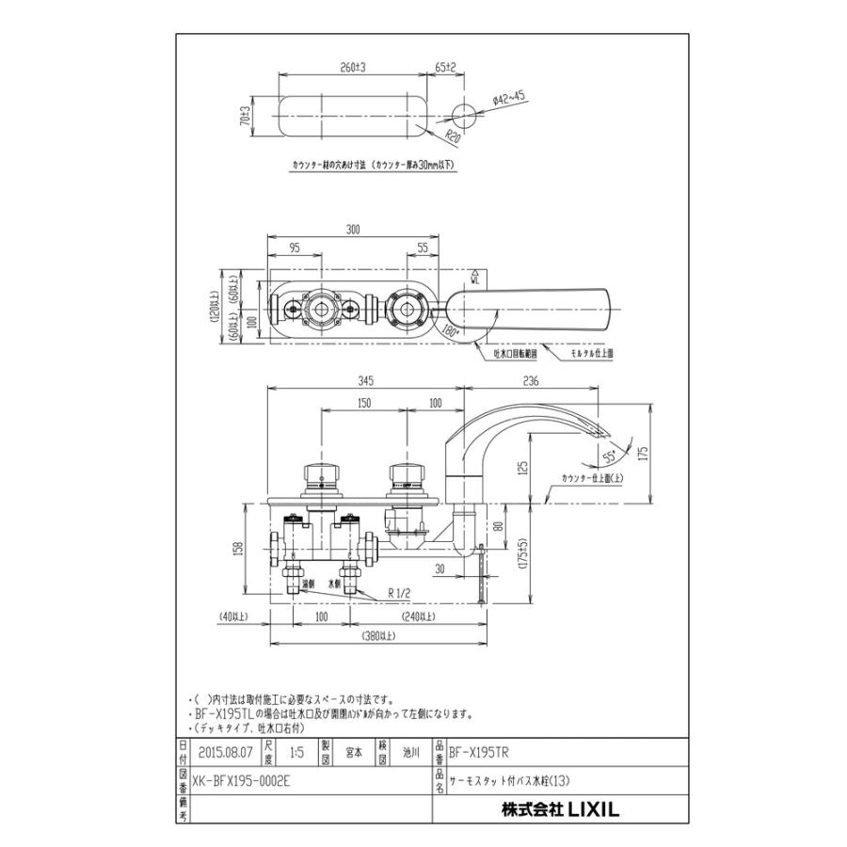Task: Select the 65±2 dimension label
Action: (446, 69)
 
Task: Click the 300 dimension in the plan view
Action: (354, 230)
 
